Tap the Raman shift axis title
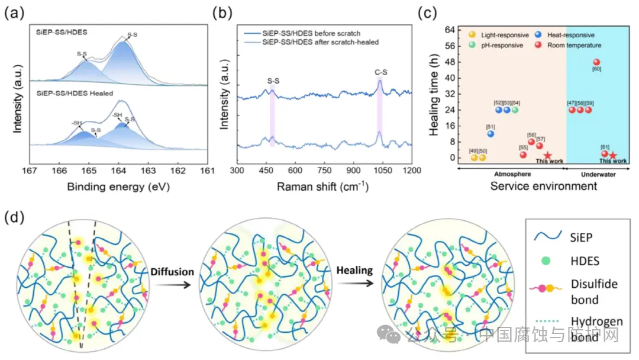point(322,187)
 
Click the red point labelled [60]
point(596,62)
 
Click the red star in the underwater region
point(613,156)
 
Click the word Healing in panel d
point(354,271)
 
